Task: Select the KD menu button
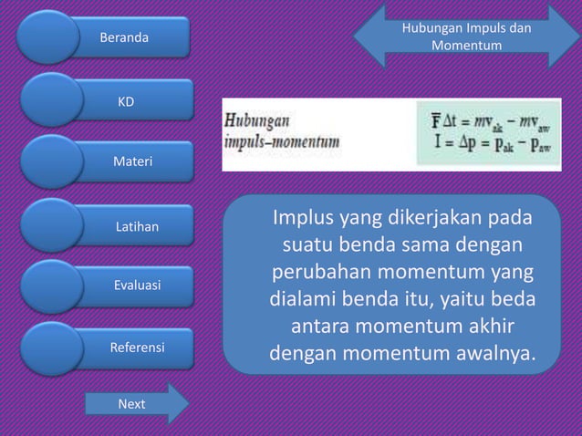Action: click(128, 101)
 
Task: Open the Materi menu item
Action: click(133, 162)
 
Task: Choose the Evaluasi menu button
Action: click(137, 285)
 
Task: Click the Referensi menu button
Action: click(137, 348)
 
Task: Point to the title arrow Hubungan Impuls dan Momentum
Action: click(466, 36)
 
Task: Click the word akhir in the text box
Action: click(483, 325)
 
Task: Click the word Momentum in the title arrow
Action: click(466, 45)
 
